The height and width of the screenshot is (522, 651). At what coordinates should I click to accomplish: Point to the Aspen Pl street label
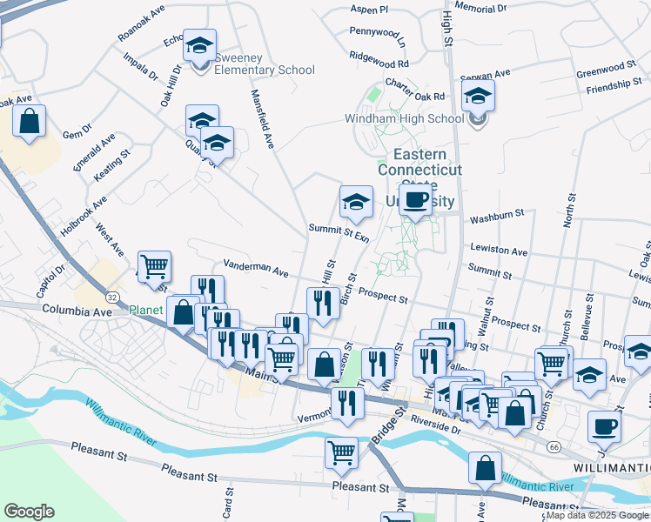[369, 10]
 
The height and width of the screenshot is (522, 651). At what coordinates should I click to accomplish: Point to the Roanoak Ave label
[141, 28]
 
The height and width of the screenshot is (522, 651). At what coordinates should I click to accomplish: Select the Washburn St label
[496, 212]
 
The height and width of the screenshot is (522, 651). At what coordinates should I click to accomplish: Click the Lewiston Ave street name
[499, 251]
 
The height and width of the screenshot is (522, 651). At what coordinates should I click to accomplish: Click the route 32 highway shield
[113, 296]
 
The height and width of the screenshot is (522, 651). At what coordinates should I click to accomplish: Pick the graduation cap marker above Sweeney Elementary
[201, 47]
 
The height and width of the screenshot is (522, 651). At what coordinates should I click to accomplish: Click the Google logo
[29, 512]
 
